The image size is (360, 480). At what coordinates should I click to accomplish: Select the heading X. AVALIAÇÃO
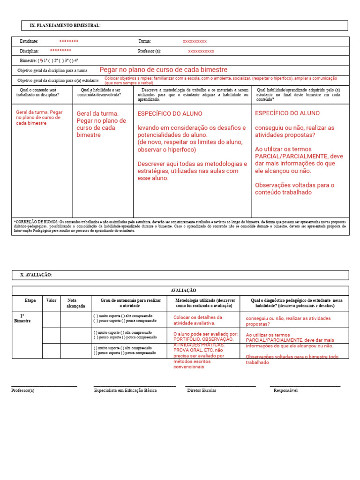[x=36, y=275]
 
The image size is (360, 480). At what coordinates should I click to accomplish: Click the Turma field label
[x=144, y=41]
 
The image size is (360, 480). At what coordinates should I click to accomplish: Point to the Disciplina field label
[x=29, y=51]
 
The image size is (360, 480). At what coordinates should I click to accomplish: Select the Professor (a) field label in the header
[x=150, y=51]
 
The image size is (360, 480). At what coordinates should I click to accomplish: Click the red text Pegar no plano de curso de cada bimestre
[x=163, y=70]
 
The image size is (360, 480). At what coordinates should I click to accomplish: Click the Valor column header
[x=51, y=300]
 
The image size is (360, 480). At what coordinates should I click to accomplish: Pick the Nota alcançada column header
[x=76, y=303]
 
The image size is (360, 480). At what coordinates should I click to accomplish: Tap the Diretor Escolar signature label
[x=202, y=390]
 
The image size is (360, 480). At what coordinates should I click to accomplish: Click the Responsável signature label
[x=285, y=390]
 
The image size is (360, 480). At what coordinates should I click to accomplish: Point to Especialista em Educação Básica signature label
[x=125, y=390]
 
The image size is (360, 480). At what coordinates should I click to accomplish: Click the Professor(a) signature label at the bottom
[x=23, y=390]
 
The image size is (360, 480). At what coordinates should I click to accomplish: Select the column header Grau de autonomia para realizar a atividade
[x=130, y=303]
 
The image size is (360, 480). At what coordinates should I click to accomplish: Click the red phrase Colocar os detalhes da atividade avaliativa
[x=198, y=320]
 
